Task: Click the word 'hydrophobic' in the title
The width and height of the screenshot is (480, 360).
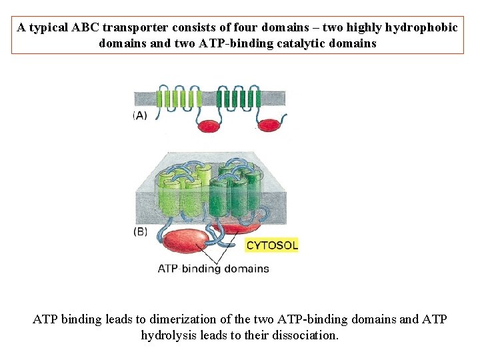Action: [421, 28]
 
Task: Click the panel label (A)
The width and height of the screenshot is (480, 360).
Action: [141, 116]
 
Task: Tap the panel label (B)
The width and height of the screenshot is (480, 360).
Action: [141, 232]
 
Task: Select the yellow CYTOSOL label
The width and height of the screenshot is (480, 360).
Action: [272, 245]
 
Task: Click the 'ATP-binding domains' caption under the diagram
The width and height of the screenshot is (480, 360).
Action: [213, 269]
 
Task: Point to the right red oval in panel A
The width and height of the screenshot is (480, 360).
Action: [269, 125]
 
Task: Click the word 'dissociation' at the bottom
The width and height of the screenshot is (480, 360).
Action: [306, 335]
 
